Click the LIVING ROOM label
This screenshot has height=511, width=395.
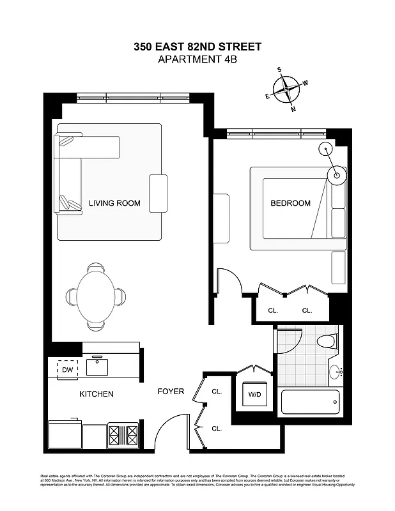(114, 204)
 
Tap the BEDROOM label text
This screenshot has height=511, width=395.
(290, 204)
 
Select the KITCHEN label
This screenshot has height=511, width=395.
(97, 394)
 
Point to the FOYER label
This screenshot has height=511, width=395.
(171, 392)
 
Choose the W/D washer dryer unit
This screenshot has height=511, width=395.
(254, 395)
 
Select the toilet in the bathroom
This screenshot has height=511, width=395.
(327, 340)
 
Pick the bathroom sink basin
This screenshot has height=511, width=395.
(334, 371)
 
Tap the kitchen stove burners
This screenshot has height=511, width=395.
(123, 436)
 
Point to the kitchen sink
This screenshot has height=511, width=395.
(97, 367)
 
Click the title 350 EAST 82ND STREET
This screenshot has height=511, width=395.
(197, 47)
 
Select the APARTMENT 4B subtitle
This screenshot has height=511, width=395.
(197, 60)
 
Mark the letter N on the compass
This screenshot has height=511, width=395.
(293, 109)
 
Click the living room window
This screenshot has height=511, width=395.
(132, 98)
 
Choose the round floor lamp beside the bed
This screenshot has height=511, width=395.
(337, 173)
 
